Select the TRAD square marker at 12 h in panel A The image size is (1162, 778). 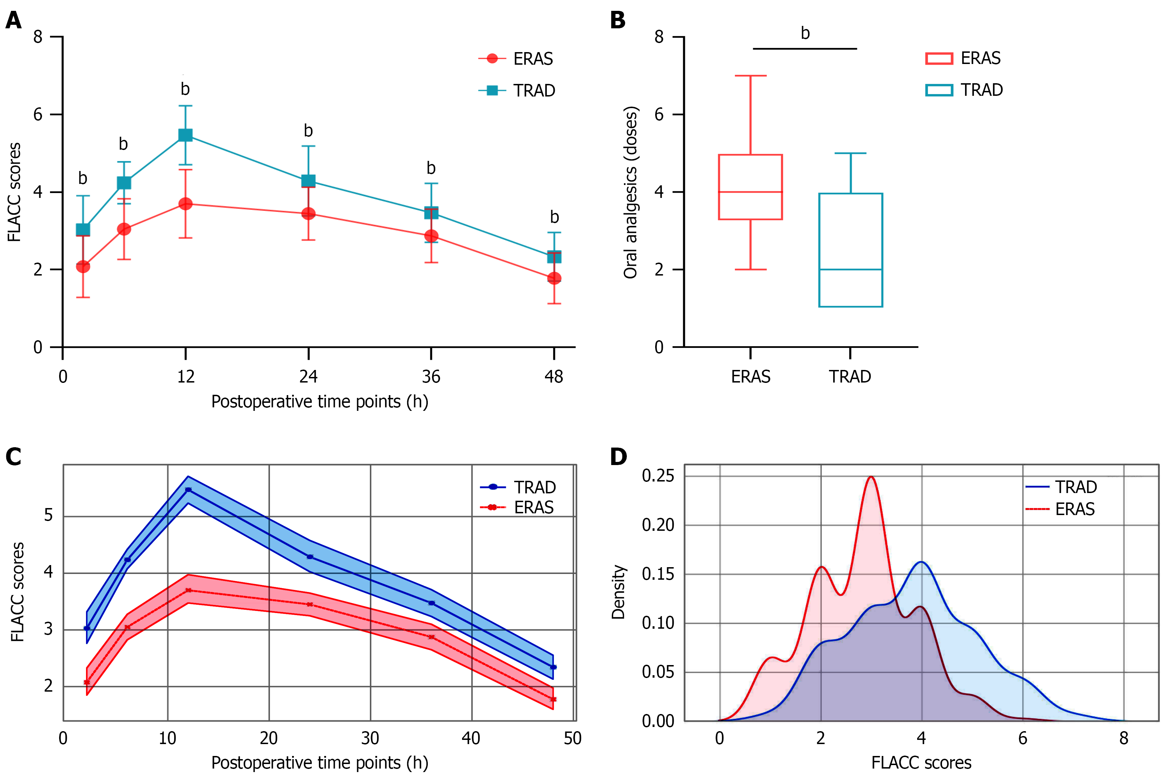185,135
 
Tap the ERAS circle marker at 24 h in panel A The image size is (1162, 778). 308,213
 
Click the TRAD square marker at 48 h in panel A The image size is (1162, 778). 554,257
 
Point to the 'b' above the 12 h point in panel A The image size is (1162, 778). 185,89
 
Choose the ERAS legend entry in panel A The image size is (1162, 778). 516,58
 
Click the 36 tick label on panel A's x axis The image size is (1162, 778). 431,377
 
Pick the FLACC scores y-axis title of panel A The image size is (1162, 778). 14,192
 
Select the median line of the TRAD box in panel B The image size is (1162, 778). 850,270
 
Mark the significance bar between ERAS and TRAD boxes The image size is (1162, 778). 805,49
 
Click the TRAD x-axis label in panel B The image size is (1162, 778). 850,377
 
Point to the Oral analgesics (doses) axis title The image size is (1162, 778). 630,192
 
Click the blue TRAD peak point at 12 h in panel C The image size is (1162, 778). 188,490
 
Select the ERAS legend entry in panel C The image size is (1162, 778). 519,507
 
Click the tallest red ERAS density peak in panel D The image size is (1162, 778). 871,477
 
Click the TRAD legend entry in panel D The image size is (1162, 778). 1062,487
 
